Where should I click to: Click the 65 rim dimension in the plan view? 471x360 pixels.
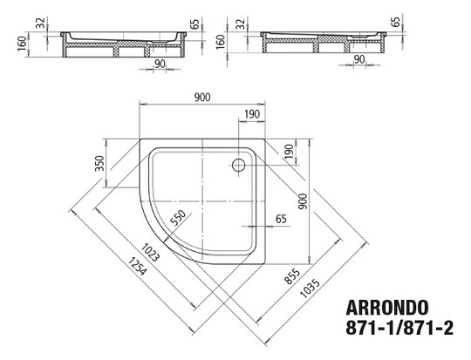coord(282,219)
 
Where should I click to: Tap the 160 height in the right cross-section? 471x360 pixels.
coord(220,42)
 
